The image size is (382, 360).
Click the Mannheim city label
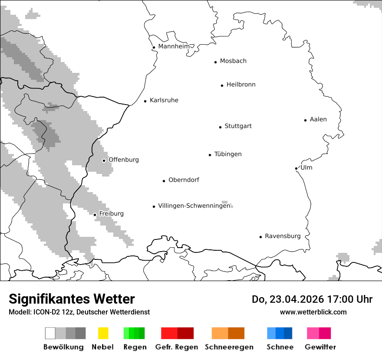[174, 46]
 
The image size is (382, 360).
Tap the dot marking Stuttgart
[220, 127]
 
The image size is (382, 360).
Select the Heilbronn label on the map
[241, 85]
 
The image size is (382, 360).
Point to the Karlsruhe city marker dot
[145, 101]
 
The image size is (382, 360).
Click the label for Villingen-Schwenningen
[194, 206]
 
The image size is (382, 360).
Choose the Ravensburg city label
[283, 236]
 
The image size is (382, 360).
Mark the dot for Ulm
[296, 168]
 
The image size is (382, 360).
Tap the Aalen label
[318, 119]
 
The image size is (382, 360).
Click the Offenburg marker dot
[104, 160]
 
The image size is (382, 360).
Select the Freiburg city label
[111, 214]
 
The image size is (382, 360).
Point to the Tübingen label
[228, 154]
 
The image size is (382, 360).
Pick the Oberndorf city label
[184, 180]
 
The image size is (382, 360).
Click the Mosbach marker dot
[215, 62]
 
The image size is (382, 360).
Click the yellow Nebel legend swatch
[103, 333]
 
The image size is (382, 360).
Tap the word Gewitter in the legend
[320, 347]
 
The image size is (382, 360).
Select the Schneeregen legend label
[229, 347]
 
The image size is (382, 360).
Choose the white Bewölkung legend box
[50, 333]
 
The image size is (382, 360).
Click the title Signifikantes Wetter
[72, 299]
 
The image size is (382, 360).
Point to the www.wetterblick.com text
[313, 312]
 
